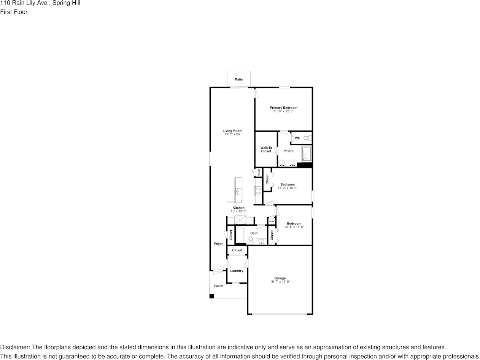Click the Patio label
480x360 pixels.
[x=239, y=79]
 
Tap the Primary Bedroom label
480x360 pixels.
[x=283, y=108]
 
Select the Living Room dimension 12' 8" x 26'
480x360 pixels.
[x=232, y=134]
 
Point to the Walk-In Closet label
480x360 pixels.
[x=266, y=149]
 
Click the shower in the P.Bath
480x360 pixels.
[x=307, y=154]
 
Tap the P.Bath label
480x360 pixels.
[x=288, y=151]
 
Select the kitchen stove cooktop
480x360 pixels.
[x=258, y=191]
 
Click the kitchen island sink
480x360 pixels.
[x=238, y=191]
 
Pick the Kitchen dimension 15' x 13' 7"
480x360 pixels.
[x=238, y=211]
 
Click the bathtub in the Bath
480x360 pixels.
[x=240, y=235]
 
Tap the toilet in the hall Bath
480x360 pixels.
[x=251, y=240]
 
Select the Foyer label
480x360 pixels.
[x=218, y=244]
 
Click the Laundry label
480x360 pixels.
[x=237, y=271]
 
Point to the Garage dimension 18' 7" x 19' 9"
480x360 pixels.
[x=280, y=282]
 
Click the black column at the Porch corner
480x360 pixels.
[x=211, y=296]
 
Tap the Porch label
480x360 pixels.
[x=219, y=286]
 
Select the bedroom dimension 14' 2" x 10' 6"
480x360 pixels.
[x=287, y=188]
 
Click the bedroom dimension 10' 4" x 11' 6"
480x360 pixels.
[x=294, y=227]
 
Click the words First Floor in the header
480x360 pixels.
[x=14, y=12]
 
